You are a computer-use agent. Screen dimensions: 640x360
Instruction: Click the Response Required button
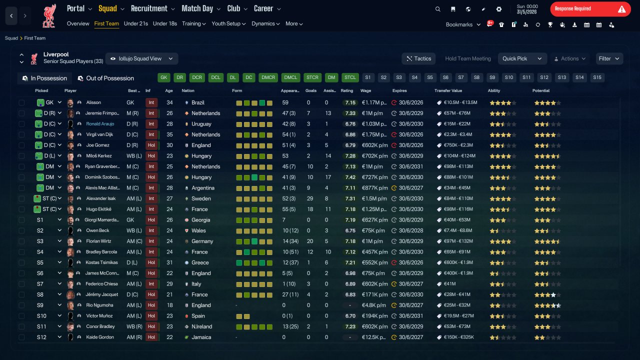590,9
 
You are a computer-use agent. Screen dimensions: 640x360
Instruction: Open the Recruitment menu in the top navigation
152,8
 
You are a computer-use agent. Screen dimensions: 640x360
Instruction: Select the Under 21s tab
135,23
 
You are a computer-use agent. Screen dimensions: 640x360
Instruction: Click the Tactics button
418,58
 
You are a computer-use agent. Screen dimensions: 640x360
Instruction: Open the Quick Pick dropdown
522,58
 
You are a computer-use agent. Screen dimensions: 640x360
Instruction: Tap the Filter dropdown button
609,58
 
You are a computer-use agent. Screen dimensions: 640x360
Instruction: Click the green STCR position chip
312,77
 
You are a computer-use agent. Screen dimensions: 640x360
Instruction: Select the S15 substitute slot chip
597,77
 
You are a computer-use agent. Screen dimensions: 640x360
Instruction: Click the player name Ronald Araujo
100,124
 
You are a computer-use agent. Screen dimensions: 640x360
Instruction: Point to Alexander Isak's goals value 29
309,198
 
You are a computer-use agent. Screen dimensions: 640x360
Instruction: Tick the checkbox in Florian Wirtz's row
21,241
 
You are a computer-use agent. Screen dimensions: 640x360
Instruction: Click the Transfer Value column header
448,90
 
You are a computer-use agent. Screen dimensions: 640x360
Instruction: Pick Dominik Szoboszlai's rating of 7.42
350,177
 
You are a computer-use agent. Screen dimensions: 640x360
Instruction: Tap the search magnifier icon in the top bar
437,9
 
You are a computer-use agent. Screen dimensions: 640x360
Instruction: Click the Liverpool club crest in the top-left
49,16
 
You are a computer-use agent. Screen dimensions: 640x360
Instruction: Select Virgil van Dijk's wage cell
374,134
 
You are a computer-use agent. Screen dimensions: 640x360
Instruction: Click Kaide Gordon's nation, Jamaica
201,337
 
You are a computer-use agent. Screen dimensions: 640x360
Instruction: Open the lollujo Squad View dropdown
141,58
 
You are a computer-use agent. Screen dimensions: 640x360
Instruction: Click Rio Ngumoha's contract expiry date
411,305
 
